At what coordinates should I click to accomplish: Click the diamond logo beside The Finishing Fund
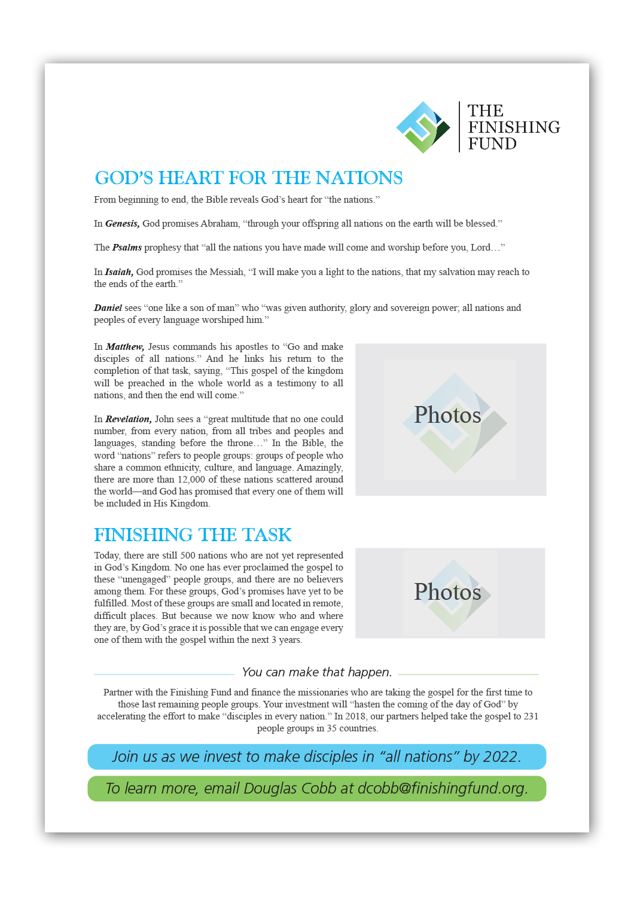pyautogui.click(x=423, y=127)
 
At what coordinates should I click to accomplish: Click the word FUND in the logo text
pyautogui.click(x=492, y=144)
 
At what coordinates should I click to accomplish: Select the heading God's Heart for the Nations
pyautogui.click(x=248, y=178)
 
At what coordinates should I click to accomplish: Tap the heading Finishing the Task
pyautogui.click(x=193, y=535)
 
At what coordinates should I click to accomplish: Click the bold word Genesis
pyautogui.click(x=122, y=224)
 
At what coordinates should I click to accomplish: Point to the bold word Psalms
pyautogui.click(x=127, y=248)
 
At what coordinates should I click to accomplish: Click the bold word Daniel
pyautogui.click(x=108, y=308)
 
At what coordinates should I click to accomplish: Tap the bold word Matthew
pyautogui.click(x=124, y=347)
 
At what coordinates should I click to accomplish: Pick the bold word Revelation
pyautogui.click(x=128, y=419)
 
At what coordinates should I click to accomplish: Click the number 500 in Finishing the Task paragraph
pyautogui.click(x=188, y=556)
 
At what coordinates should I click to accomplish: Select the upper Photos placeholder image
pyautogui.click(x=450, y=419)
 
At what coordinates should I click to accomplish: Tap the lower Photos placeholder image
pyautogui.click(x=450, y=593)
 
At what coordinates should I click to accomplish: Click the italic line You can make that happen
pyautogui.click(x=316, y=672)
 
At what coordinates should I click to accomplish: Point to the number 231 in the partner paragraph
pyautogui.click(x=531, y=716)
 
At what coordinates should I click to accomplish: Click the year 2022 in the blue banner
pyautogui.click(x=500, y=757)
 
